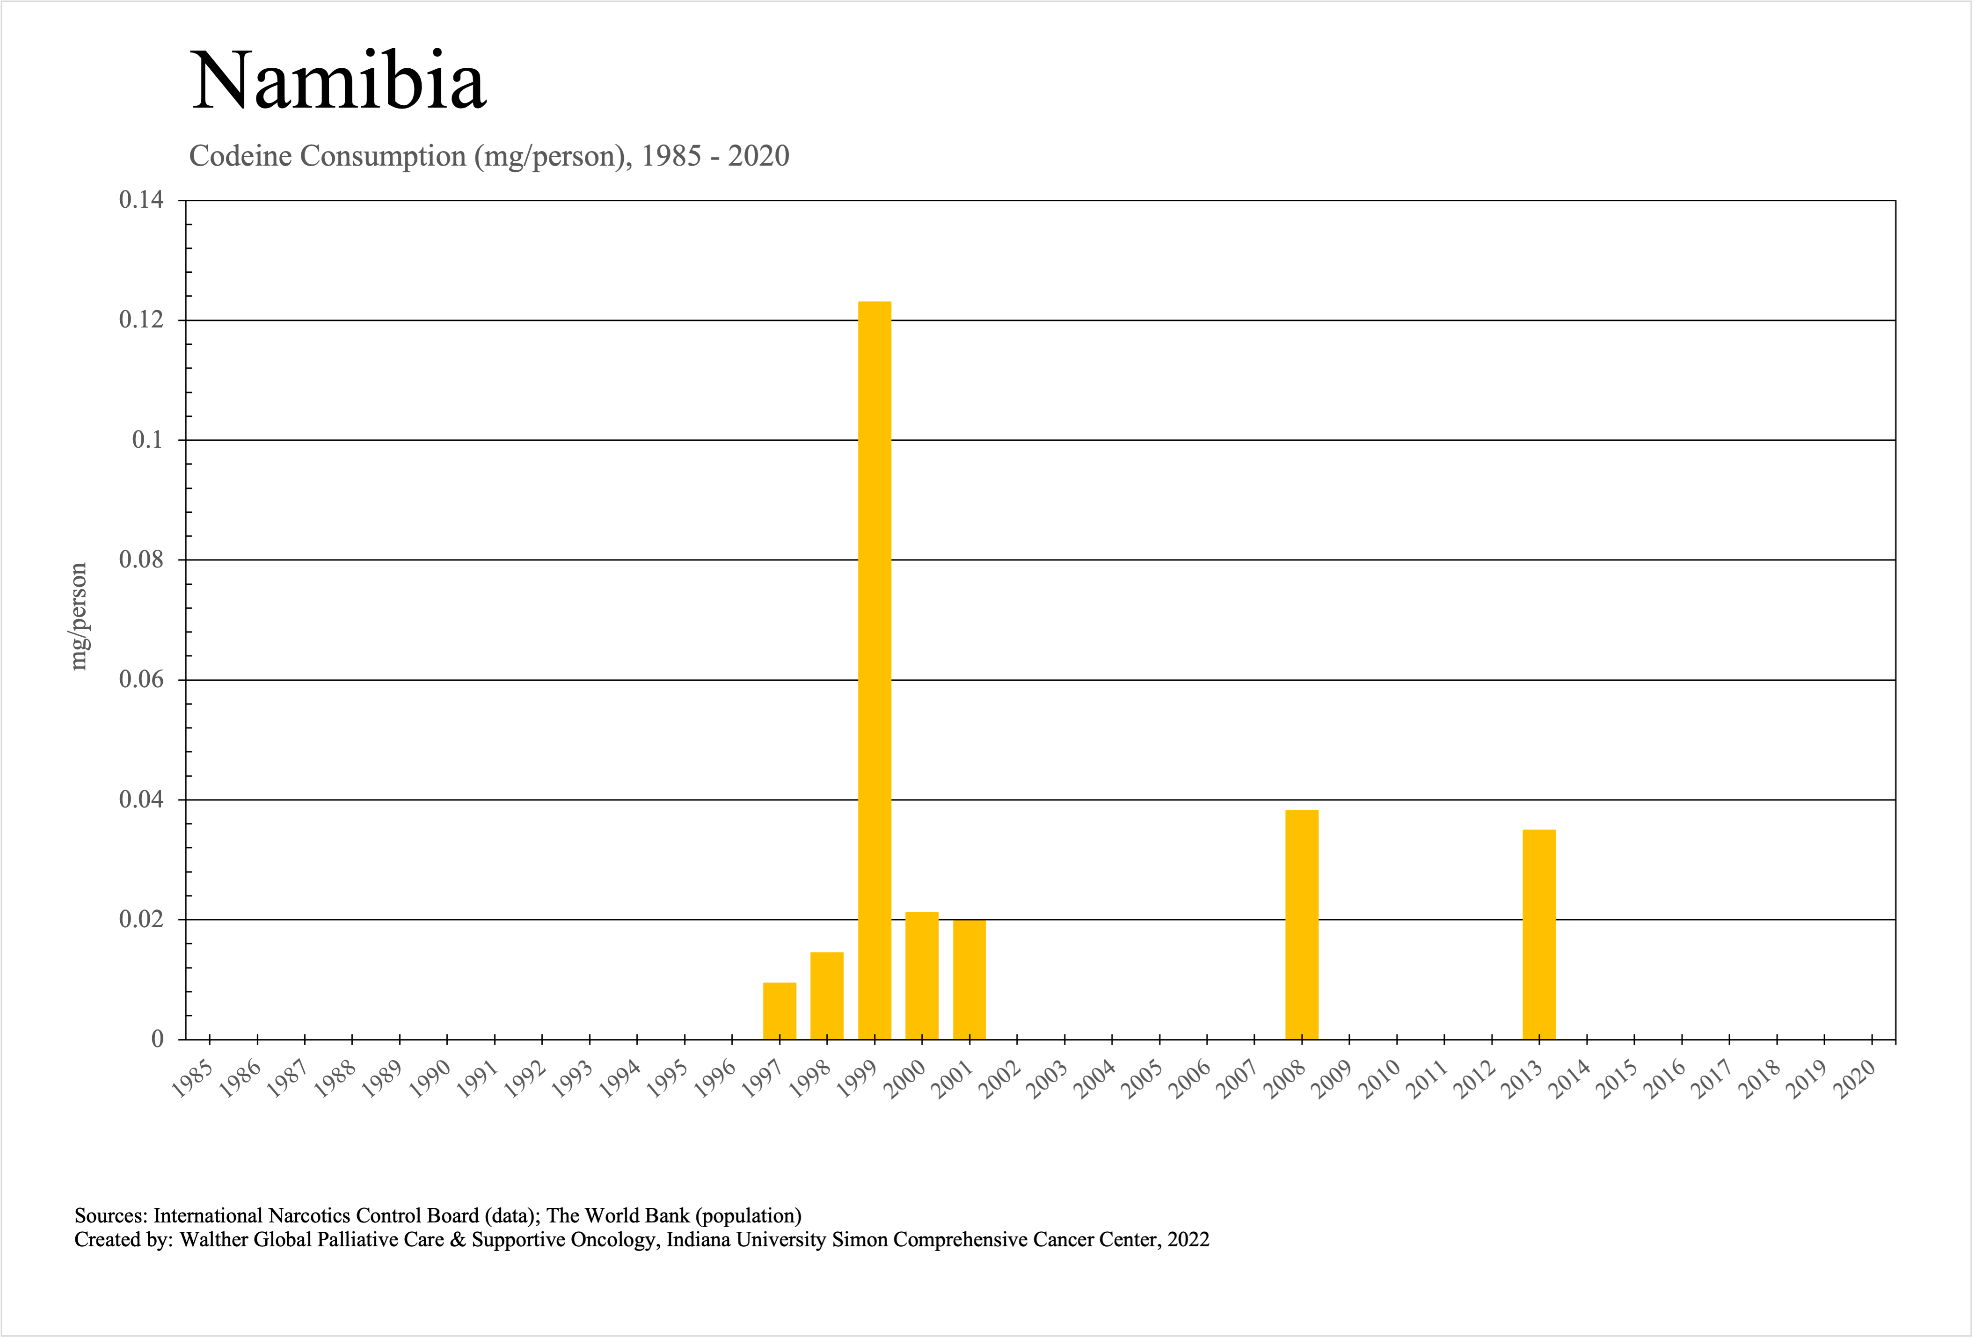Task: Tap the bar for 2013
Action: pyautogui.click(x=1539, y=934)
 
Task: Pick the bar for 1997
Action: pyautogui.click(x=780, y=1011)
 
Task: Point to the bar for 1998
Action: pyautogui.click(x=827, y=996)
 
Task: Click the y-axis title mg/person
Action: pyautogui.click(x=78, y=616)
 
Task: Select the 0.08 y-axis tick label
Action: pyautogui.click(x=141, y=560)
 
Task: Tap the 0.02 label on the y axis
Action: pyautogui.click(x=141, y=919)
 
